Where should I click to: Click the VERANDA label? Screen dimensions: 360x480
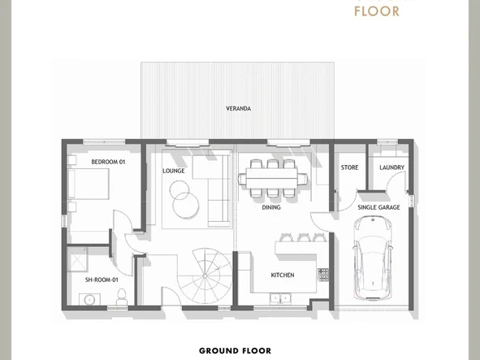click(238, 108)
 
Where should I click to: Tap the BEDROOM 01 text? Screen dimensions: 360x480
click(108, 162)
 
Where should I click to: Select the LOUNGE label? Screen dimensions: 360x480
click(173, 171)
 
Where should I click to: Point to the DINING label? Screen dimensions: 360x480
click(271, 207)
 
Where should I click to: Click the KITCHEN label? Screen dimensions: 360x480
click(282, 275)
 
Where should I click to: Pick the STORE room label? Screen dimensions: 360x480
click(349, 167)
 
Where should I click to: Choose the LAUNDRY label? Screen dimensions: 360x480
click(391, 167)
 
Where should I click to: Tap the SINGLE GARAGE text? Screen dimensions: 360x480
click(378, 207)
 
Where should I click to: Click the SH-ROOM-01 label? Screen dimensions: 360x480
click(102, 280)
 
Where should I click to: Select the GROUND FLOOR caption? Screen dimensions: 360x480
click(235, 351)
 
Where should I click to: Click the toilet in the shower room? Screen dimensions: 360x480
click(120, 300)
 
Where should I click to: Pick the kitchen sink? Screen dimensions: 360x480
click(281, 298)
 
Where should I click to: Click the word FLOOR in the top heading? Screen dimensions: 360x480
click(377, 11)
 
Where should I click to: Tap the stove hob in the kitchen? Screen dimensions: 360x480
click(322, 275)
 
